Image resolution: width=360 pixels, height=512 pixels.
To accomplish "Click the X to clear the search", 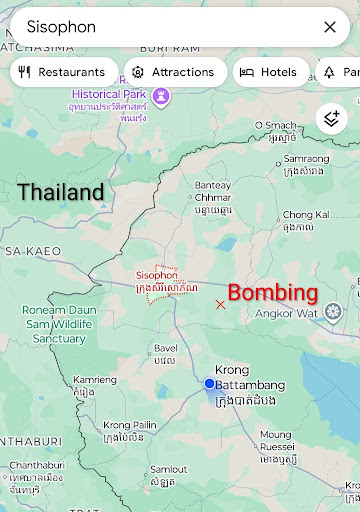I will point(330,27).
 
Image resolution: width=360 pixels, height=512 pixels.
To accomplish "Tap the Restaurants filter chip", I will point(62,72).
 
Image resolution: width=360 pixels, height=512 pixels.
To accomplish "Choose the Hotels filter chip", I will point(271,72).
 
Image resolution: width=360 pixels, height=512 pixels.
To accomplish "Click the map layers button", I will point(332,119).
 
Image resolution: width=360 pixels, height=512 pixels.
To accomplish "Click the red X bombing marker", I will point(220,304).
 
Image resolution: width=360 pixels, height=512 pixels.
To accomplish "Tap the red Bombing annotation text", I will point(273,293).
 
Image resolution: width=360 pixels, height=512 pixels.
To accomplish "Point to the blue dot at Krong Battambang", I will point(210,383).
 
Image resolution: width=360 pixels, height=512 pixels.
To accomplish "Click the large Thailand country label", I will point(60,192).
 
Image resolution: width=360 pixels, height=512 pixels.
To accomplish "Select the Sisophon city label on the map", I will point(156,274).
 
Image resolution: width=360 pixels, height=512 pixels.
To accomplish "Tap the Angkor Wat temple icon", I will point(333,313).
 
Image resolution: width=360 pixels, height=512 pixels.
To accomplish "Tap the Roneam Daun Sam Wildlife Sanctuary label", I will point(58,324).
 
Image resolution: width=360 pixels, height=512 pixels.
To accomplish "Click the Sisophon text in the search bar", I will point(61,27).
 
